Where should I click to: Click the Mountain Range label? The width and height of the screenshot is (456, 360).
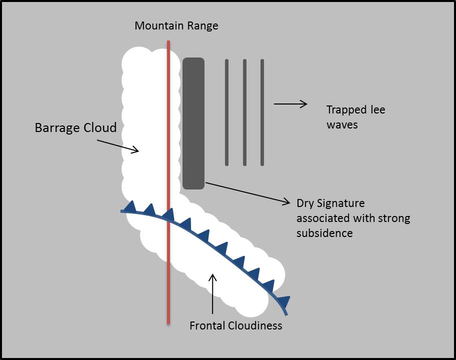click(176, 25)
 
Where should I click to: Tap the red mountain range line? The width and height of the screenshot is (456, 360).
click(168, 125)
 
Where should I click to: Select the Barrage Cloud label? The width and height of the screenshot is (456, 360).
click(75, 127)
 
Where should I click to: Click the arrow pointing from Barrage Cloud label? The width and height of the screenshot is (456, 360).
click(117, 145)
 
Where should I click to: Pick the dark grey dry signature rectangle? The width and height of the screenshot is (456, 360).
click(193, 123)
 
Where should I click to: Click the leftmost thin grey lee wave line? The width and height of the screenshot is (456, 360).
click(226, 112)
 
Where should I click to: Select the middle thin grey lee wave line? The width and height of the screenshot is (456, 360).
click(244, 112)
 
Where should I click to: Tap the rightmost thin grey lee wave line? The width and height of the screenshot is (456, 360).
click(262, 112)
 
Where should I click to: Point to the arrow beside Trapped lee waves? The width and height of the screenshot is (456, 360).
click(290, 104)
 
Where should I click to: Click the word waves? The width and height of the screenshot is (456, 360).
click(342, 124)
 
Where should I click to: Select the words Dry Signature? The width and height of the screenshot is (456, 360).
click(330, 203)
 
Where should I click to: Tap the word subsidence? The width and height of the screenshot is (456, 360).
click(324, 233)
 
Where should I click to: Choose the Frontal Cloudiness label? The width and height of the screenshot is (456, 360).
click(235, 326)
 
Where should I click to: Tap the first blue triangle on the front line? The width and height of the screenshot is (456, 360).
click(131, 206)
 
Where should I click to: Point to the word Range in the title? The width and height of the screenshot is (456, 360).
click(202, 25)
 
